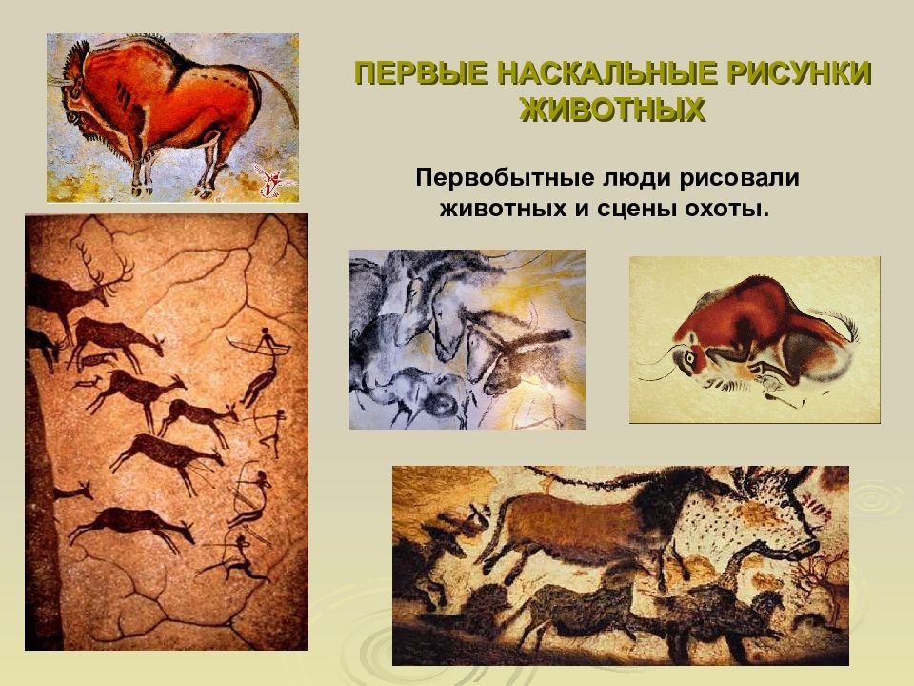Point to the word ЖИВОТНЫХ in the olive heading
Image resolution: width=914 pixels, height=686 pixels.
(x=612, y=110)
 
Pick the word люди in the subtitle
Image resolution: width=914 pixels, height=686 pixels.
(x=630, y=178)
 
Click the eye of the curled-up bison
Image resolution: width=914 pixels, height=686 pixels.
(x=688, y=358)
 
